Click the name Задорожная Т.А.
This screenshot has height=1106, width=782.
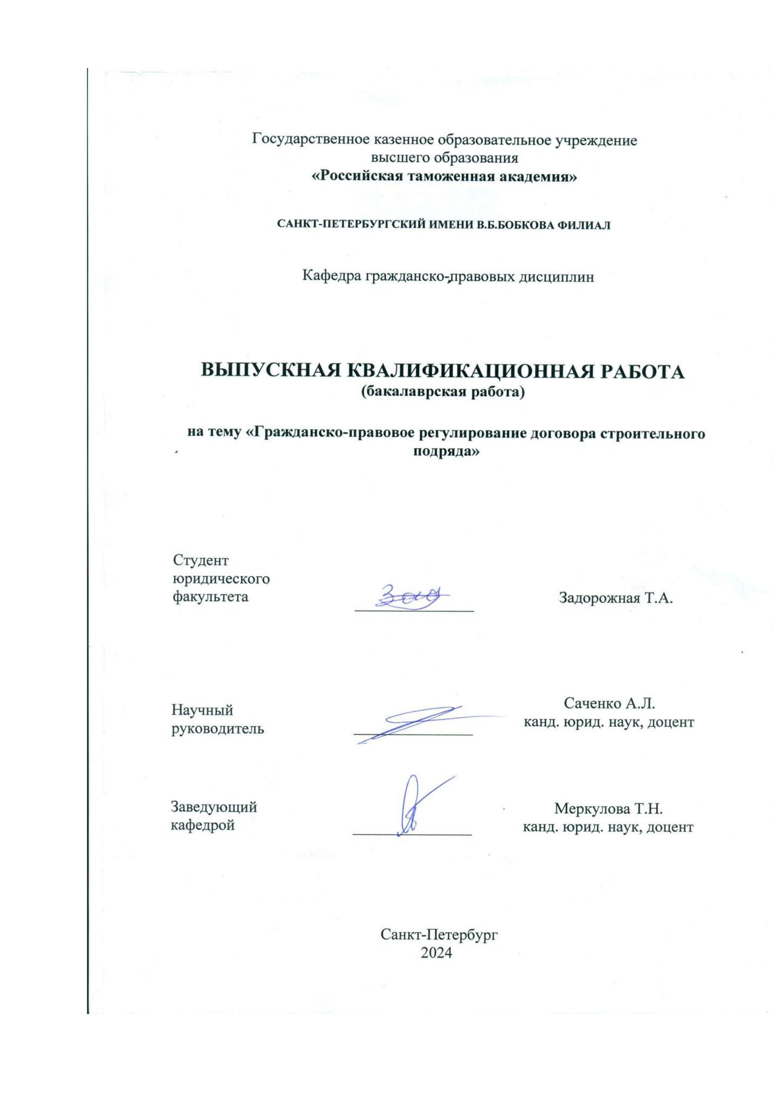615,598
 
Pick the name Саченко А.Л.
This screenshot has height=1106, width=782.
609,704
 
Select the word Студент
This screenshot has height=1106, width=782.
201,560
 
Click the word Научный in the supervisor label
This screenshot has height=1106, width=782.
202,710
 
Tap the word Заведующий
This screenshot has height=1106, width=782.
214,807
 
